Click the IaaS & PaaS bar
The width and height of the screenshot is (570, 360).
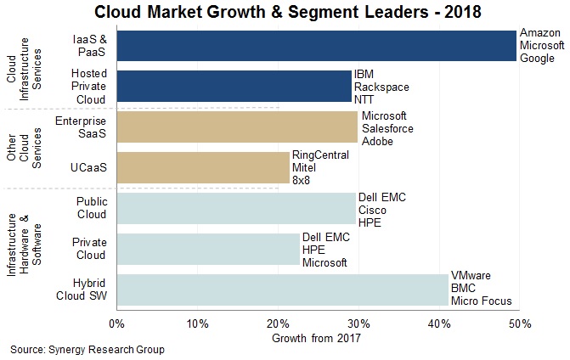tap(316, 46)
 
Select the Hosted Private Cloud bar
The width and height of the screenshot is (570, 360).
tap(234, 87)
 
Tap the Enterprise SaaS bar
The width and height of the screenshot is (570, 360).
tap(237, 127)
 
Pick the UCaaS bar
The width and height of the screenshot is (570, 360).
tap(203, 168)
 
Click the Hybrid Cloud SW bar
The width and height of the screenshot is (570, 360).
tap(282, 290)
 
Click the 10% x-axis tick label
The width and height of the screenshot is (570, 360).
tap(197, 323)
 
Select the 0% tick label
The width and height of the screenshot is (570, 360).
tap(117, 323)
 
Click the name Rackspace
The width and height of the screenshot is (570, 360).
tap(381, 87)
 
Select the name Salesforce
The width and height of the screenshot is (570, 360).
tap(388, 127)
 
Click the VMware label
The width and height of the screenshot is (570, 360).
tap(470, 277)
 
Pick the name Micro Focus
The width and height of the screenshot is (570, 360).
tap(479, 301)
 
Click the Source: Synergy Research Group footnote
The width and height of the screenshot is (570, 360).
tap(87, 349)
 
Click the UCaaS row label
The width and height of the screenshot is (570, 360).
tap(88, 168)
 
